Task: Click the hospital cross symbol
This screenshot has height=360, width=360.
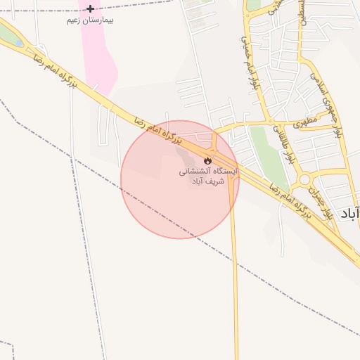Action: click(90, 8)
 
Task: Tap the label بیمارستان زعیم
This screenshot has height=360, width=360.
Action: click(90, 20)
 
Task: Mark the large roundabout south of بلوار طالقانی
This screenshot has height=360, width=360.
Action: click(306, 180)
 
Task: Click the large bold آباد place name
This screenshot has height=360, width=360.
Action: click(349, 214)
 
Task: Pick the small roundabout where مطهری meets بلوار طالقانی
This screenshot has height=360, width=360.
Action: click(272, 121)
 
